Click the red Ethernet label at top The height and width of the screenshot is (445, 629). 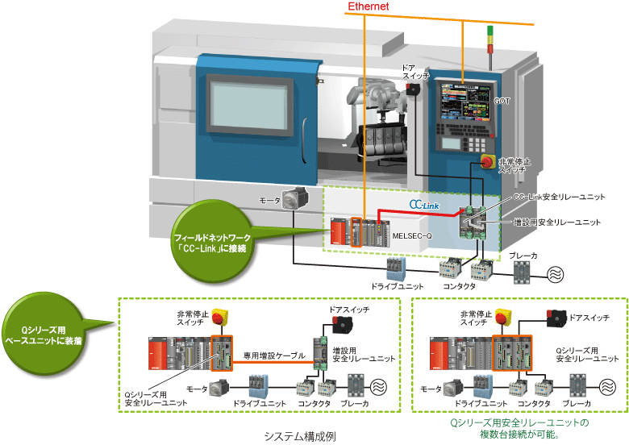pos(369,6)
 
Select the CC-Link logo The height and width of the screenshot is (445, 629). pos(423,205)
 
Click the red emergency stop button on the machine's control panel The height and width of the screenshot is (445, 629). pos(489,162)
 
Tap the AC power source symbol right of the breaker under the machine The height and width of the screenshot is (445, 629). pos(556,273)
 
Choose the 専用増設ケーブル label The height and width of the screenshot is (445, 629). pos(274,356)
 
